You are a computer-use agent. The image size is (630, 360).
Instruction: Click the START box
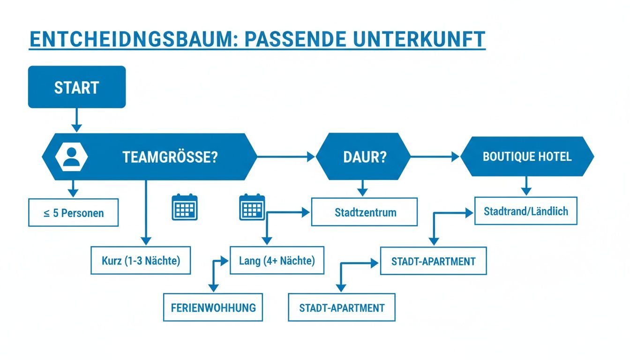[77, 87]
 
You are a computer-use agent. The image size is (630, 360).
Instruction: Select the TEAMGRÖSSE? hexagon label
[170, 157]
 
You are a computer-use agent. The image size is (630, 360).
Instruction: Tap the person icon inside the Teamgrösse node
[71, 157]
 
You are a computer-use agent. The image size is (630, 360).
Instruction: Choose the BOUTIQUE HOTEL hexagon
[527, 157]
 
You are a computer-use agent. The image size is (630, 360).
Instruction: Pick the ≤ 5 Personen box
[73, 213]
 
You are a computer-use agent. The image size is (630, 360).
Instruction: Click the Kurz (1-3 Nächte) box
[141, 260]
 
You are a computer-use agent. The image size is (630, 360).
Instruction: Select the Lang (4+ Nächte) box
[277, 260]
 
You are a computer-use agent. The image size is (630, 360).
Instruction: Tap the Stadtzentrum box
[365, 212]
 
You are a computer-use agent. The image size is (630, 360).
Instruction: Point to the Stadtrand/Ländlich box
[525, 211]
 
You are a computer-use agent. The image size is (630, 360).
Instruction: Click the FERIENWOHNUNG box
[213, 307]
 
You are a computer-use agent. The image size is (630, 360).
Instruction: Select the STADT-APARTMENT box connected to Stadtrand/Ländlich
[433, 261]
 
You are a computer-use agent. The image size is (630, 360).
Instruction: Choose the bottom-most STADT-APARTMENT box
[341, 307]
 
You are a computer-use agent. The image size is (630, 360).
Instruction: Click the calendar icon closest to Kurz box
[185, 207]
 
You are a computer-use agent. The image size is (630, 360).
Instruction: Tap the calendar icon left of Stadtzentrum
[252, 207]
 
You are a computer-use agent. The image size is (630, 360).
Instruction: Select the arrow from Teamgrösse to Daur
[286, 157]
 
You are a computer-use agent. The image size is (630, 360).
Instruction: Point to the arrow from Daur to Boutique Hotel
[435, 157]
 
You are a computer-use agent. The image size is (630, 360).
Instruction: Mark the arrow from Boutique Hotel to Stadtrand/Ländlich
[526, 186]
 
